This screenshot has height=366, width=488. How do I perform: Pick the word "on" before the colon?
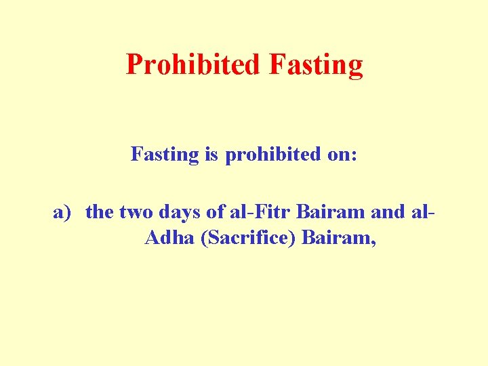point(338,155)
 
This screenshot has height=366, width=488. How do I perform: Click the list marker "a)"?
point(62,212)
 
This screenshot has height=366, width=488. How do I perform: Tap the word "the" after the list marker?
point(100,212)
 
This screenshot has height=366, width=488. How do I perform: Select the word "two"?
point(136,212)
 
